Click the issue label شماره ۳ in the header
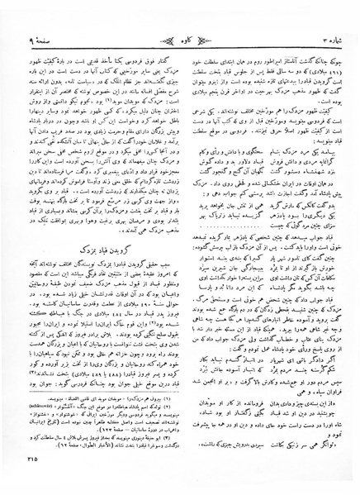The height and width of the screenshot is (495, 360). (314, 14)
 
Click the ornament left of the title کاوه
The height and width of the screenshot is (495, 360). (156, 14)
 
